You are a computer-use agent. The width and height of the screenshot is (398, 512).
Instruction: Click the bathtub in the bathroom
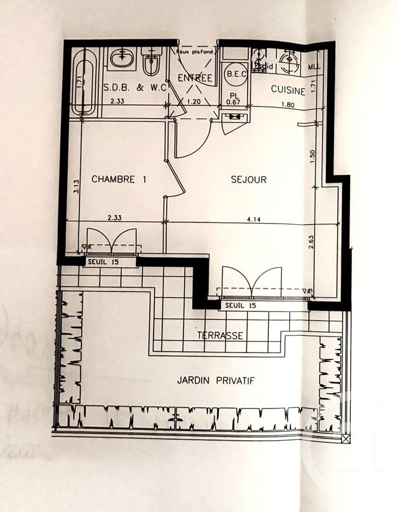click(x=83, y=82)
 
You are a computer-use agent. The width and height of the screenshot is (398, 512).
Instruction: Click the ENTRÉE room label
click(x=195, y=78)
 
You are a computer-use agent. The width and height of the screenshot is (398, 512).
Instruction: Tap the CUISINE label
click(x=288, y=90)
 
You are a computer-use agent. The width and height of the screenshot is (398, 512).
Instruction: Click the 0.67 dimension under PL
click(x=233, y=102)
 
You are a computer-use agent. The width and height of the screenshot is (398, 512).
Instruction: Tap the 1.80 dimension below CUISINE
click(x=287, y=105)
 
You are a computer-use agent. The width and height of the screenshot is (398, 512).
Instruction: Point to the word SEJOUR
click(x=248, y=179)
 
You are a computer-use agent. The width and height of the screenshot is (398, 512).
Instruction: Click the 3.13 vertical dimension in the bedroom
click(x=74, y=187)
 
